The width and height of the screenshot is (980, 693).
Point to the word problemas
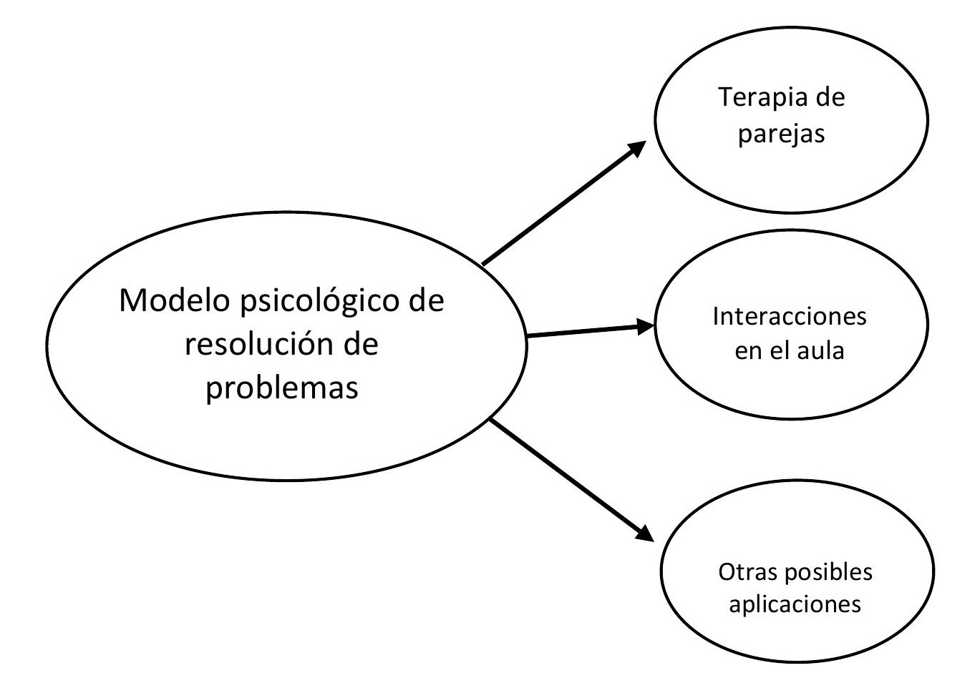coord(282,388)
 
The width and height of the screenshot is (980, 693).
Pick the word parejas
coord(782,134)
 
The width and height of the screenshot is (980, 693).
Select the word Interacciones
coord(790,316)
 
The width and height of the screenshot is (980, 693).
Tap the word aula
coord(823,351)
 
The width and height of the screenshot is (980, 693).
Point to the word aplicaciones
coord(795,605)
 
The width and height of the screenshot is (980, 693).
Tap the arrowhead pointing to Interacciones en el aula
coord(646,327)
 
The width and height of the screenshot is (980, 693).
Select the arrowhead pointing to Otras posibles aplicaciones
coord(644,534)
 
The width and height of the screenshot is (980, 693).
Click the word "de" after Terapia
coord(829,97)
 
